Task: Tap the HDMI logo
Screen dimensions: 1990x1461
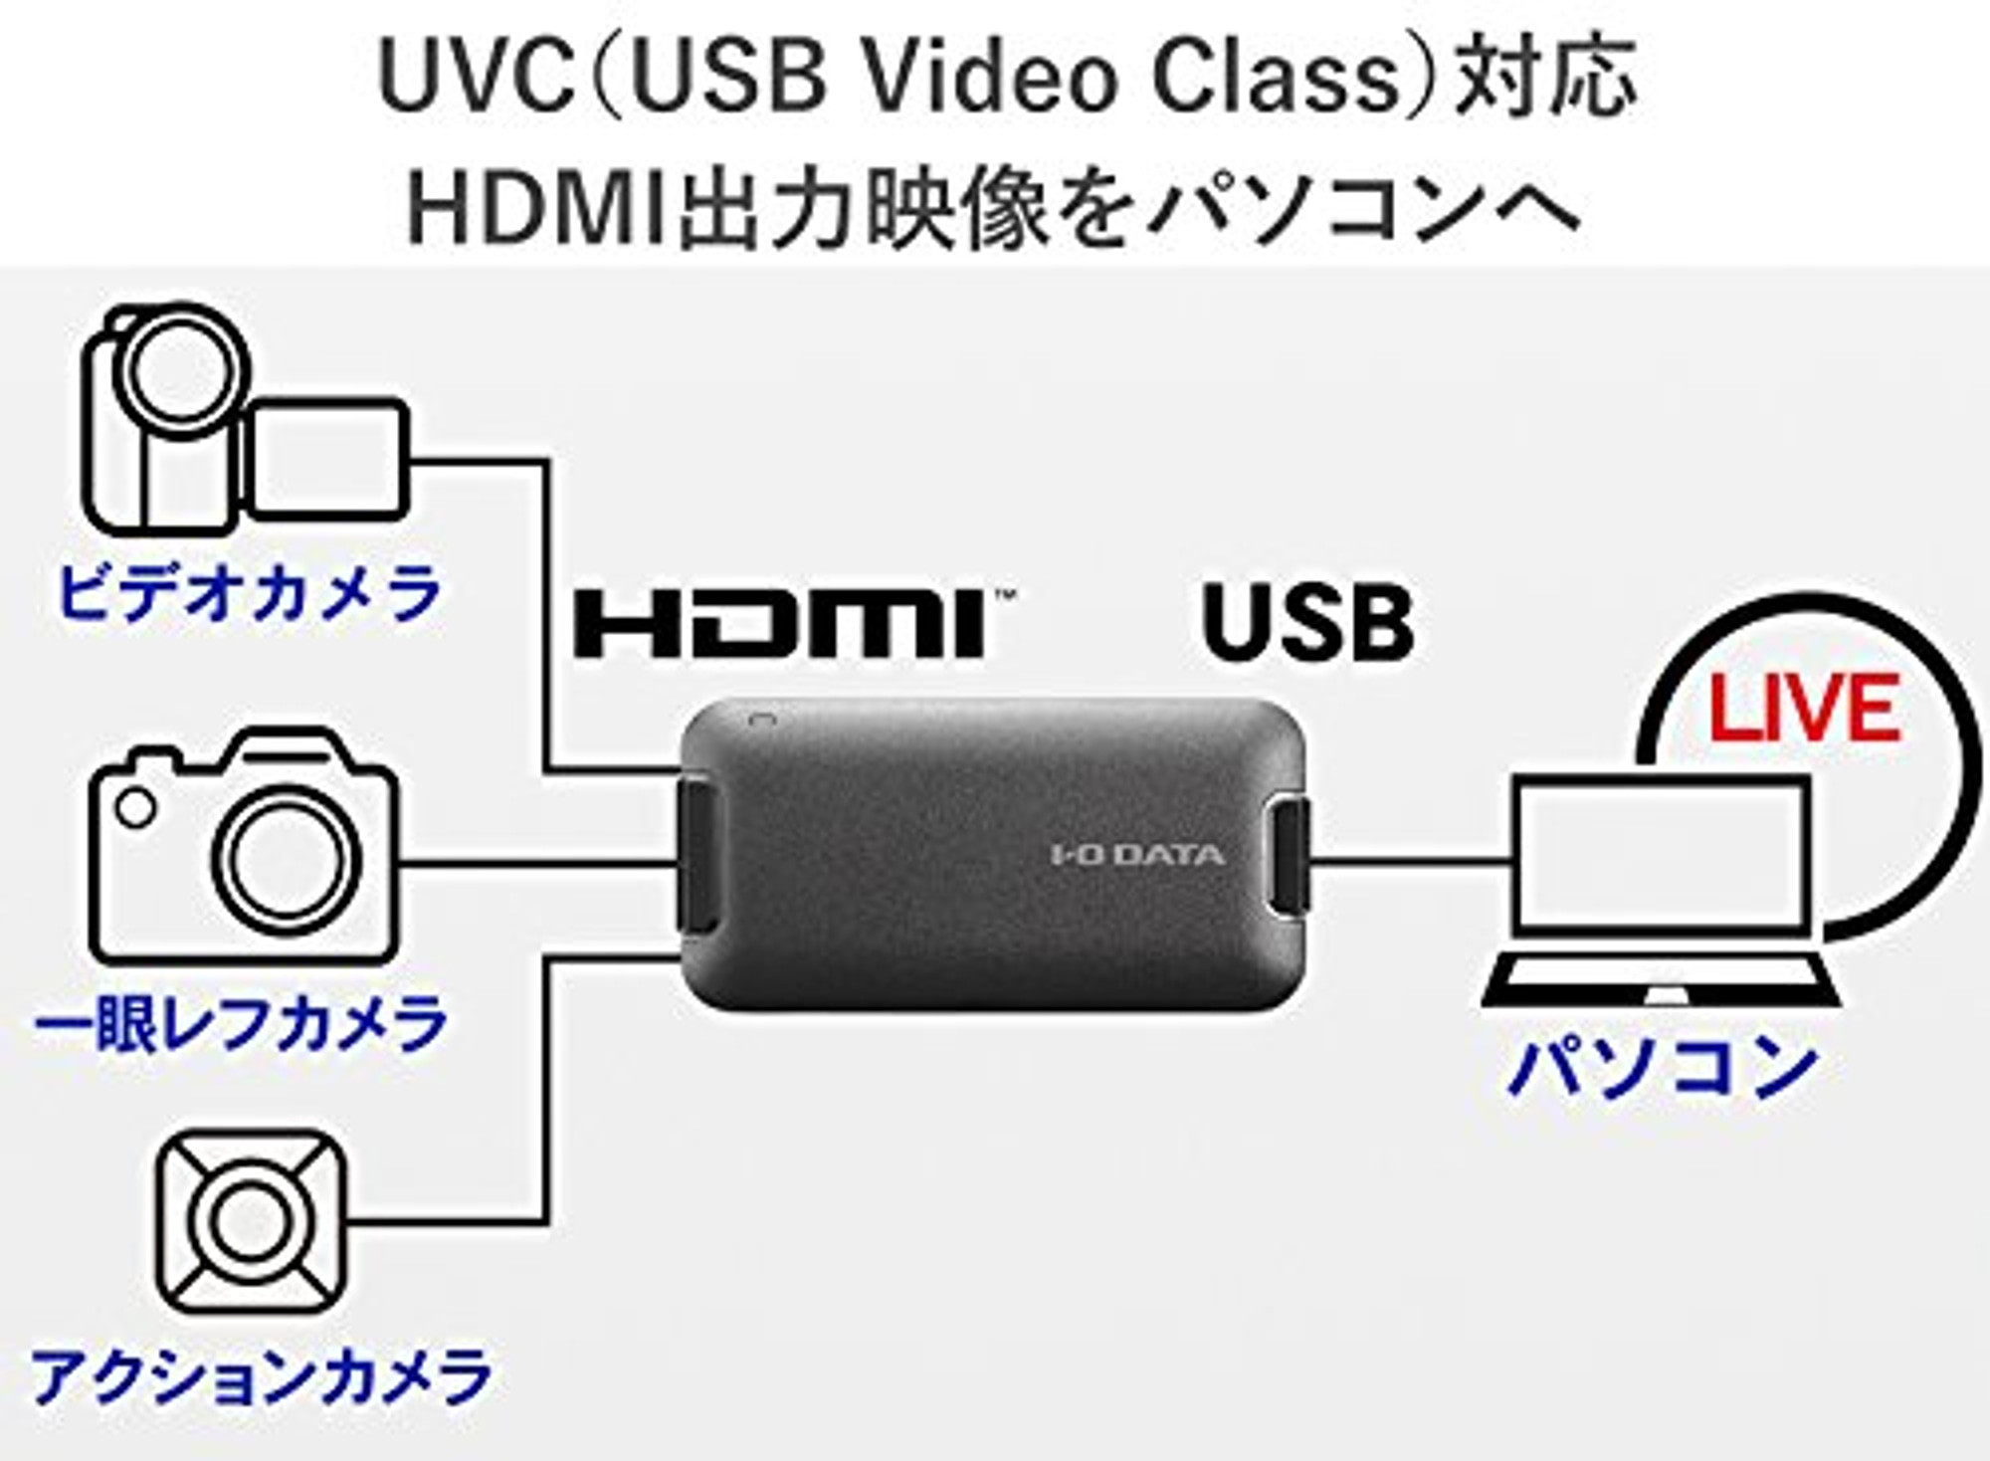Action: [x=796, y=623]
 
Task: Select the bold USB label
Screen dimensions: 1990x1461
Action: [x=1307, y=622]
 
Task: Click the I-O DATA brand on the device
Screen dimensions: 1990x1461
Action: [x=1138, y=855]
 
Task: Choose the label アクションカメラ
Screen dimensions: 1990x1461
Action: [x=262, y=1376]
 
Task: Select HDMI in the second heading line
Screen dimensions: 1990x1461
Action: [x=537, y=212]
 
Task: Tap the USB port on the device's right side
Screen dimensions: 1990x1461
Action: [x=1292, y=859]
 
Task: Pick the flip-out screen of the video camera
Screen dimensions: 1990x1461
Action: [x=325, y=459]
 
